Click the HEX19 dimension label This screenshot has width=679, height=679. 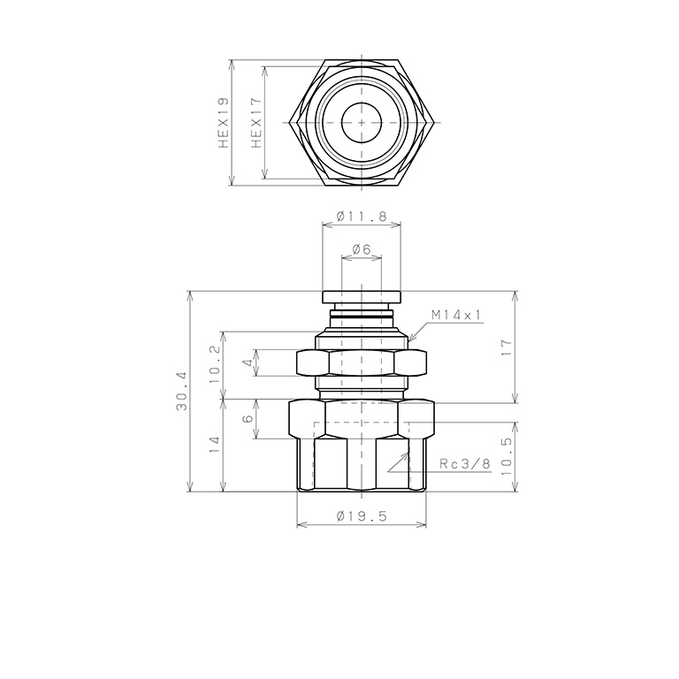point(224,123)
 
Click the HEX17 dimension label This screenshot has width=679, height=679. point(257,123)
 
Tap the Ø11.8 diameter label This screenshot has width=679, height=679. point(362,214)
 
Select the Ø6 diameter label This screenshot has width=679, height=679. point(362,249)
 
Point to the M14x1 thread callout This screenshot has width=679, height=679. point(456,315)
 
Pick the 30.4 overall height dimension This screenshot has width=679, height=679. point(181,392)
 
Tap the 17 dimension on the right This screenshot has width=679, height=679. point(507,347)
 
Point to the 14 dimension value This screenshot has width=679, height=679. point(213,446)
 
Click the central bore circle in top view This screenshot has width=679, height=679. point(362,122)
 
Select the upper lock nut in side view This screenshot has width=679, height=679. point(362,362)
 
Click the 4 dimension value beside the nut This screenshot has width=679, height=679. point(248,362)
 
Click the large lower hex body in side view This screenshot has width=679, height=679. point(362,446)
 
